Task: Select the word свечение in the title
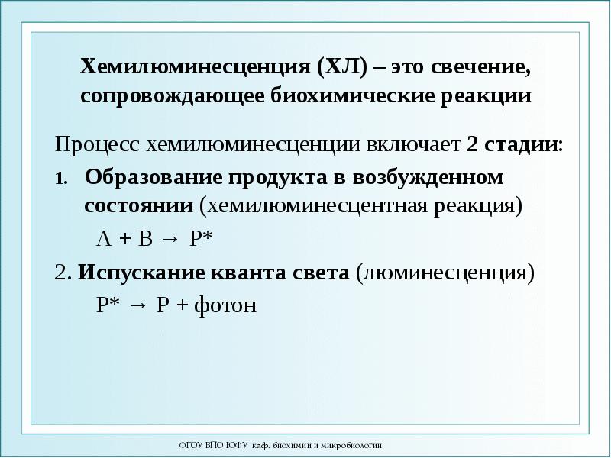click(476, 68)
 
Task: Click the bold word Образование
click(151, 177)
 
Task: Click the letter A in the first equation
click(104, 238)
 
